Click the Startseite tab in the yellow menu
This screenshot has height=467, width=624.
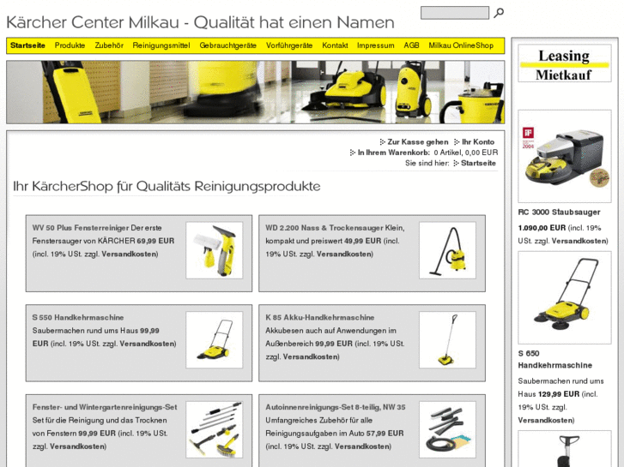[x=27, y=45]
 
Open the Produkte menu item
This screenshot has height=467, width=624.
[x=70, y=45]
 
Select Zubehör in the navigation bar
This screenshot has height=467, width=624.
[x=109, y=45]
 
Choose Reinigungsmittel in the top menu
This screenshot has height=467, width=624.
[x=161, y=45]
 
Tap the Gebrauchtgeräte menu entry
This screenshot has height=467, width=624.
[x=227, y=45]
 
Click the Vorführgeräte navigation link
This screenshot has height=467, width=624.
[x=289, y=45]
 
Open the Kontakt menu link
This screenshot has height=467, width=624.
[x=335, y=45]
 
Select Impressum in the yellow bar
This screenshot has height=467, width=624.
[x=375, y=45]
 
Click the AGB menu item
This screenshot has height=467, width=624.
[x=412, y=45]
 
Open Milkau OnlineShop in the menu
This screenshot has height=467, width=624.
[x=461, y=45]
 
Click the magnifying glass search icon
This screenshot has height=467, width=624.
[x=500, y=13]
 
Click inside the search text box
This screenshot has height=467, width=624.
[x=454, y=13]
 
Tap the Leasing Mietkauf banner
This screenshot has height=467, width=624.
[x=564, y=64]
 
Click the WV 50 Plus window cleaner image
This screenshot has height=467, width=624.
[x=214, y=250]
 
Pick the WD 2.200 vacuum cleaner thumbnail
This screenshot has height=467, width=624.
[x=447, y=250]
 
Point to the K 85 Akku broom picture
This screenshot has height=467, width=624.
[x=447, y=340]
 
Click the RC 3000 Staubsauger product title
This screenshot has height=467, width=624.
[x=559, y=212]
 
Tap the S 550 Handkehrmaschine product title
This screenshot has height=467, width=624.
[x=78, y=318]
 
